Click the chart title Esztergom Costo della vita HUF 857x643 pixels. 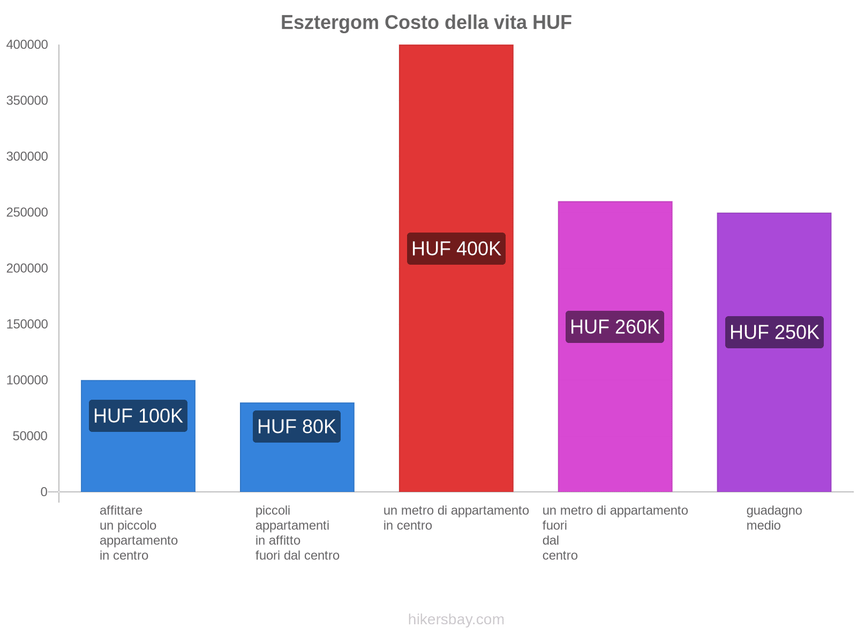pos(426,23)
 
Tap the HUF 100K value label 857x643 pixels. pos(138,416)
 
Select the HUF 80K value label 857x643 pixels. pos(297,427)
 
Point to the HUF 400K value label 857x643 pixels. pos(456,249)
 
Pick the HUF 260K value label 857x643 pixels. pos(615,327)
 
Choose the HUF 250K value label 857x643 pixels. pos(775,332)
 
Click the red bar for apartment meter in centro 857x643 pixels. pos(456,134)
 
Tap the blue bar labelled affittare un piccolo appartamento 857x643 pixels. pos(138,461)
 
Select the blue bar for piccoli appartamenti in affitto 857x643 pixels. pos(297,466)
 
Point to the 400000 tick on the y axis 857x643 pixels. pos(27,45)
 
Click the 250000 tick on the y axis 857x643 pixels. pos(27,213)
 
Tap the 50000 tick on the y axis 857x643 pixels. pos(30,436)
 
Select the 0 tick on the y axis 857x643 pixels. pos(44,492)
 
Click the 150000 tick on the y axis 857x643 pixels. pos(27,324)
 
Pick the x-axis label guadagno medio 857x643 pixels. pos(774,518)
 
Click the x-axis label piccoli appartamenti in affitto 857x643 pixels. pos(297,533)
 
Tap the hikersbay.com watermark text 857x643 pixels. pos(456,619)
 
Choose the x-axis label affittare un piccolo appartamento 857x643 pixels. pos(138,533)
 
